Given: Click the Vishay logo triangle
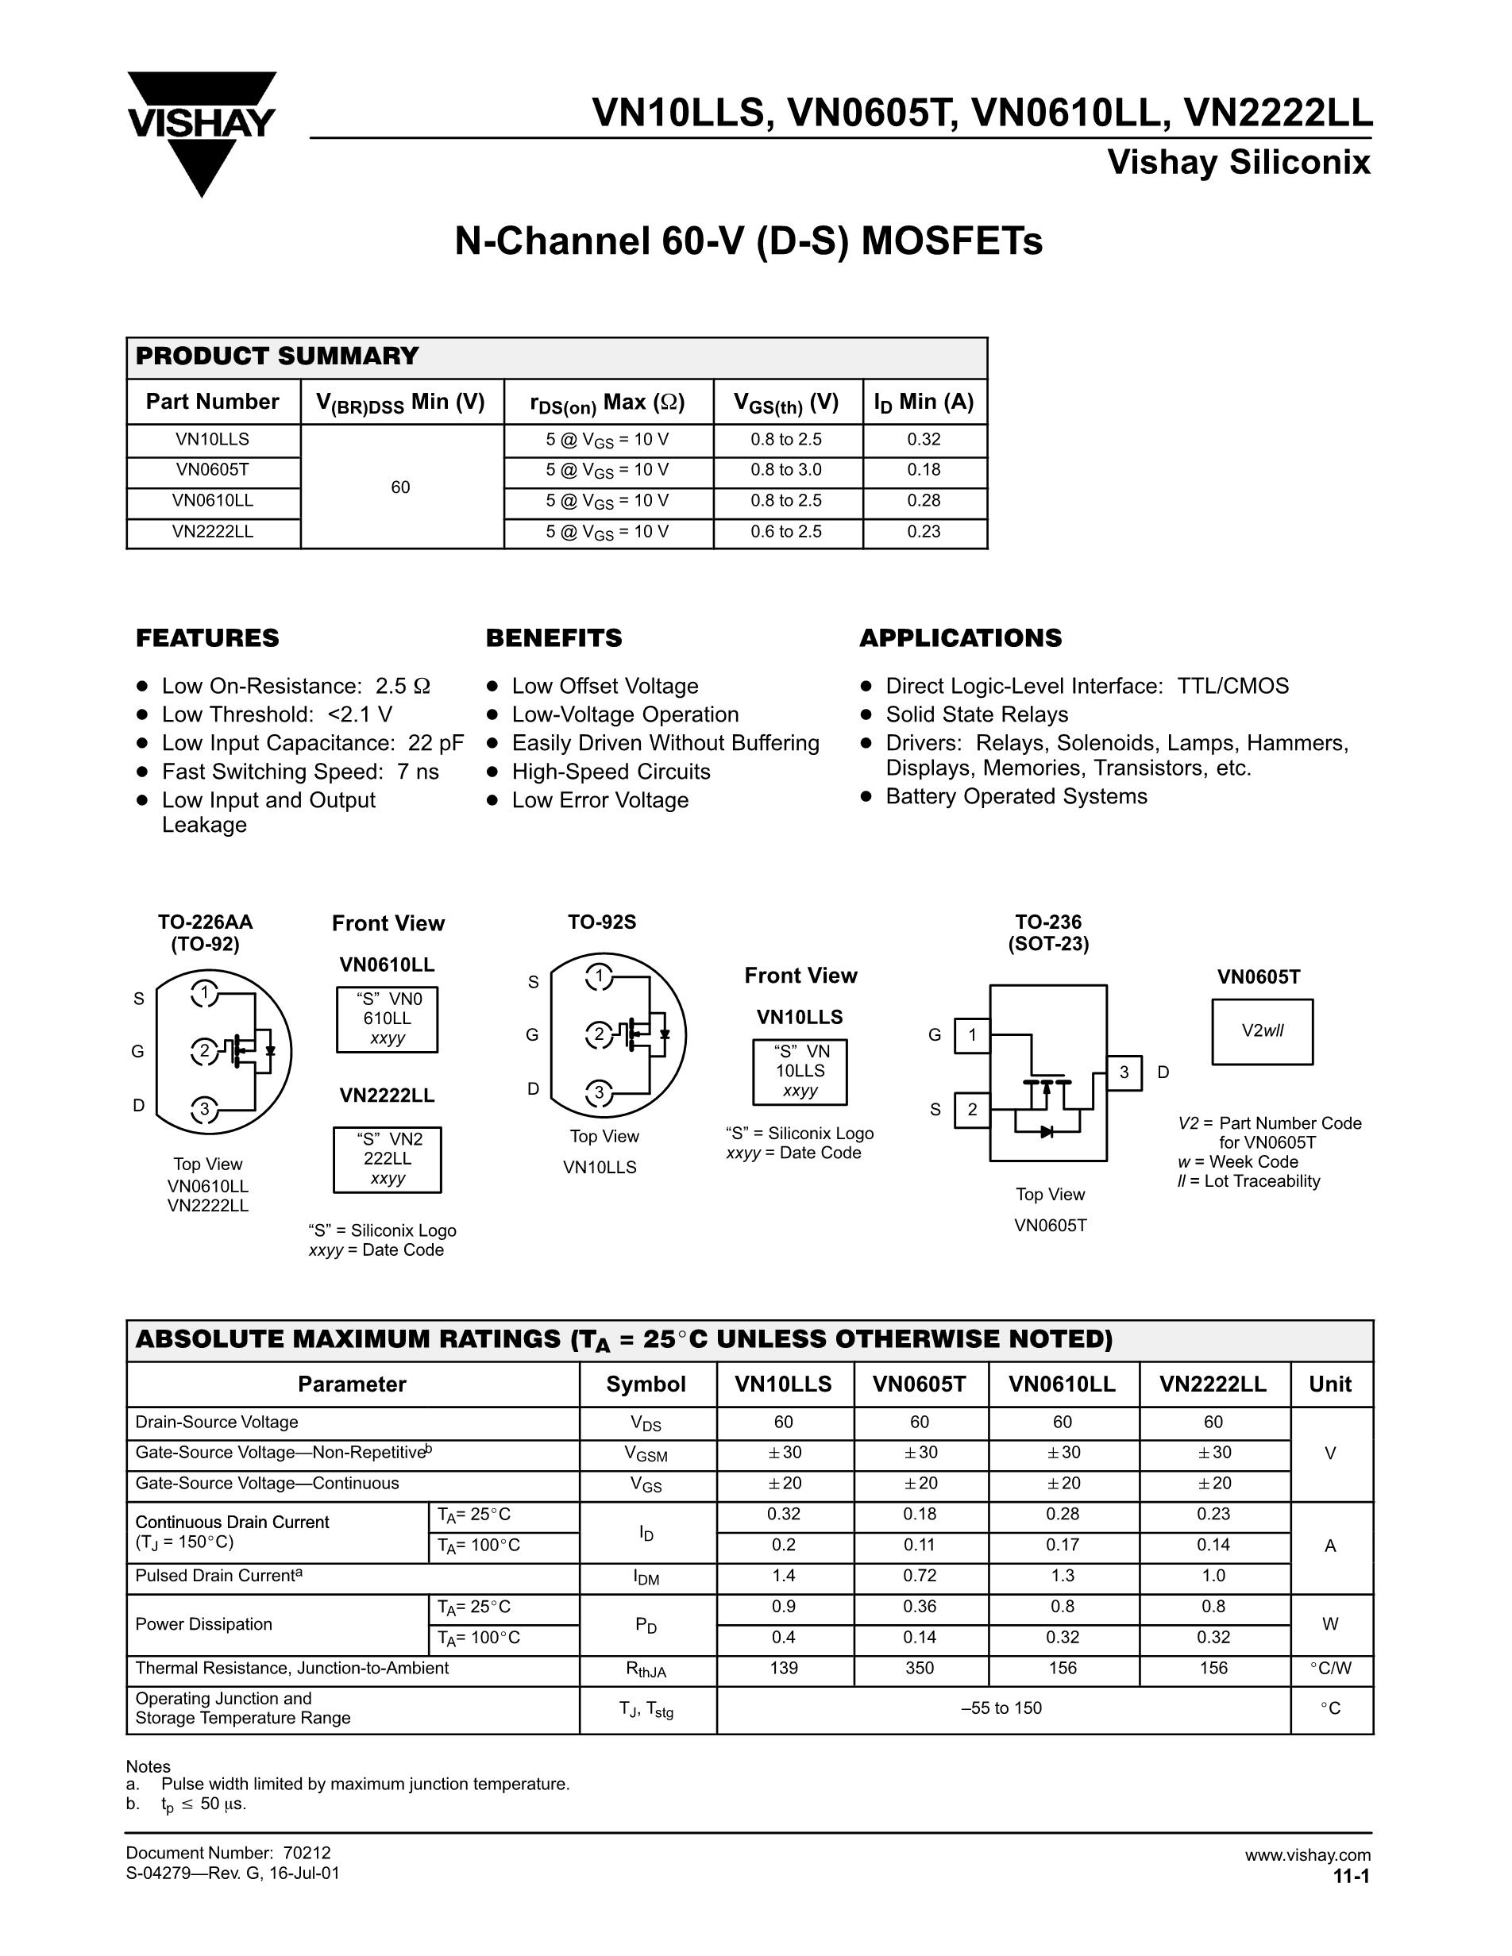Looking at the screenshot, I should (x=202, y=161).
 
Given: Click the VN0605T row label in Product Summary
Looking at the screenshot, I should (x=212, y=470).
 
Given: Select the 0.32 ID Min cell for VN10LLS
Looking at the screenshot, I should (x=924, y=440).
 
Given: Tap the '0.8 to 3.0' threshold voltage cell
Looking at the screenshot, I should (x=785, y=470).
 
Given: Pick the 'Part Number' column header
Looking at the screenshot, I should (x=212, y=402).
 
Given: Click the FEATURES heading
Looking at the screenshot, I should (x=207, y=637).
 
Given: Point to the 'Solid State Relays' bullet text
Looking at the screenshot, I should (x=976, y=714).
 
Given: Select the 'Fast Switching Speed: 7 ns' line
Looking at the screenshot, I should (x=300, y=772).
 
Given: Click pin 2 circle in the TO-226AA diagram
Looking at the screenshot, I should (x=204, y=1050).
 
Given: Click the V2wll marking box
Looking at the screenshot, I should (x=1262, y=1032).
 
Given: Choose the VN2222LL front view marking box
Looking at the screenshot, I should (x=387, y=1159).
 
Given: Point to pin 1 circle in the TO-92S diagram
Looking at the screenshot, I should (x=598, y=976).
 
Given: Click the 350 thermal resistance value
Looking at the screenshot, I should (x=919, y=1669).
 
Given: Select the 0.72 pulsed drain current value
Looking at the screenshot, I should (x=919, y=1577).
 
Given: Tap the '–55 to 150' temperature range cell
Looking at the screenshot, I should (x=1001, y=1708).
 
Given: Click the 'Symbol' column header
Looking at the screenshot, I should (x=646, y=1384).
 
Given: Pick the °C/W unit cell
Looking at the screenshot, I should (x=1330, y=1669).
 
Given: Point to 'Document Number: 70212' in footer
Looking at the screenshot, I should (x=229, y=1853).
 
